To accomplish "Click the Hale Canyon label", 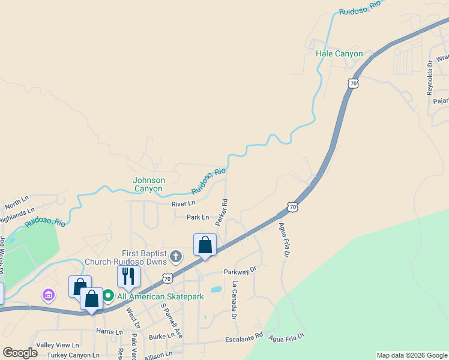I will click(339, 54).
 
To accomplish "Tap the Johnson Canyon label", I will click(148, 184).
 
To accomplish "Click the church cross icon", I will click(176, 257).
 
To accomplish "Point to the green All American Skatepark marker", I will click(108, 296).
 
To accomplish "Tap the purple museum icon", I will click(48, 295).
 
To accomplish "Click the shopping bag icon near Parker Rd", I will click(205, 245).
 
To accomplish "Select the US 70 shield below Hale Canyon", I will click(353, 83).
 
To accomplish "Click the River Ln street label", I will click(183, 204).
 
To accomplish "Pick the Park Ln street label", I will click(197, 217).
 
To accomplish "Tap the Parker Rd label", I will click(222, 212).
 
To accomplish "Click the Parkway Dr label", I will click(240, 271).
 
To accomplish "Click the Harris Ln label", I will click(109, 331).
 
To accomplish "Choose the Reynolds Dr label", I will click(430, 78).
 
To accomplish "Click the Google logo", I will click(20, 353).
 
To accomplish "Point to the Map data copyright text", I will click(412, 355).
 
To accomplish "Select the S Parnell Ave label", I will click(172, 319).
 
